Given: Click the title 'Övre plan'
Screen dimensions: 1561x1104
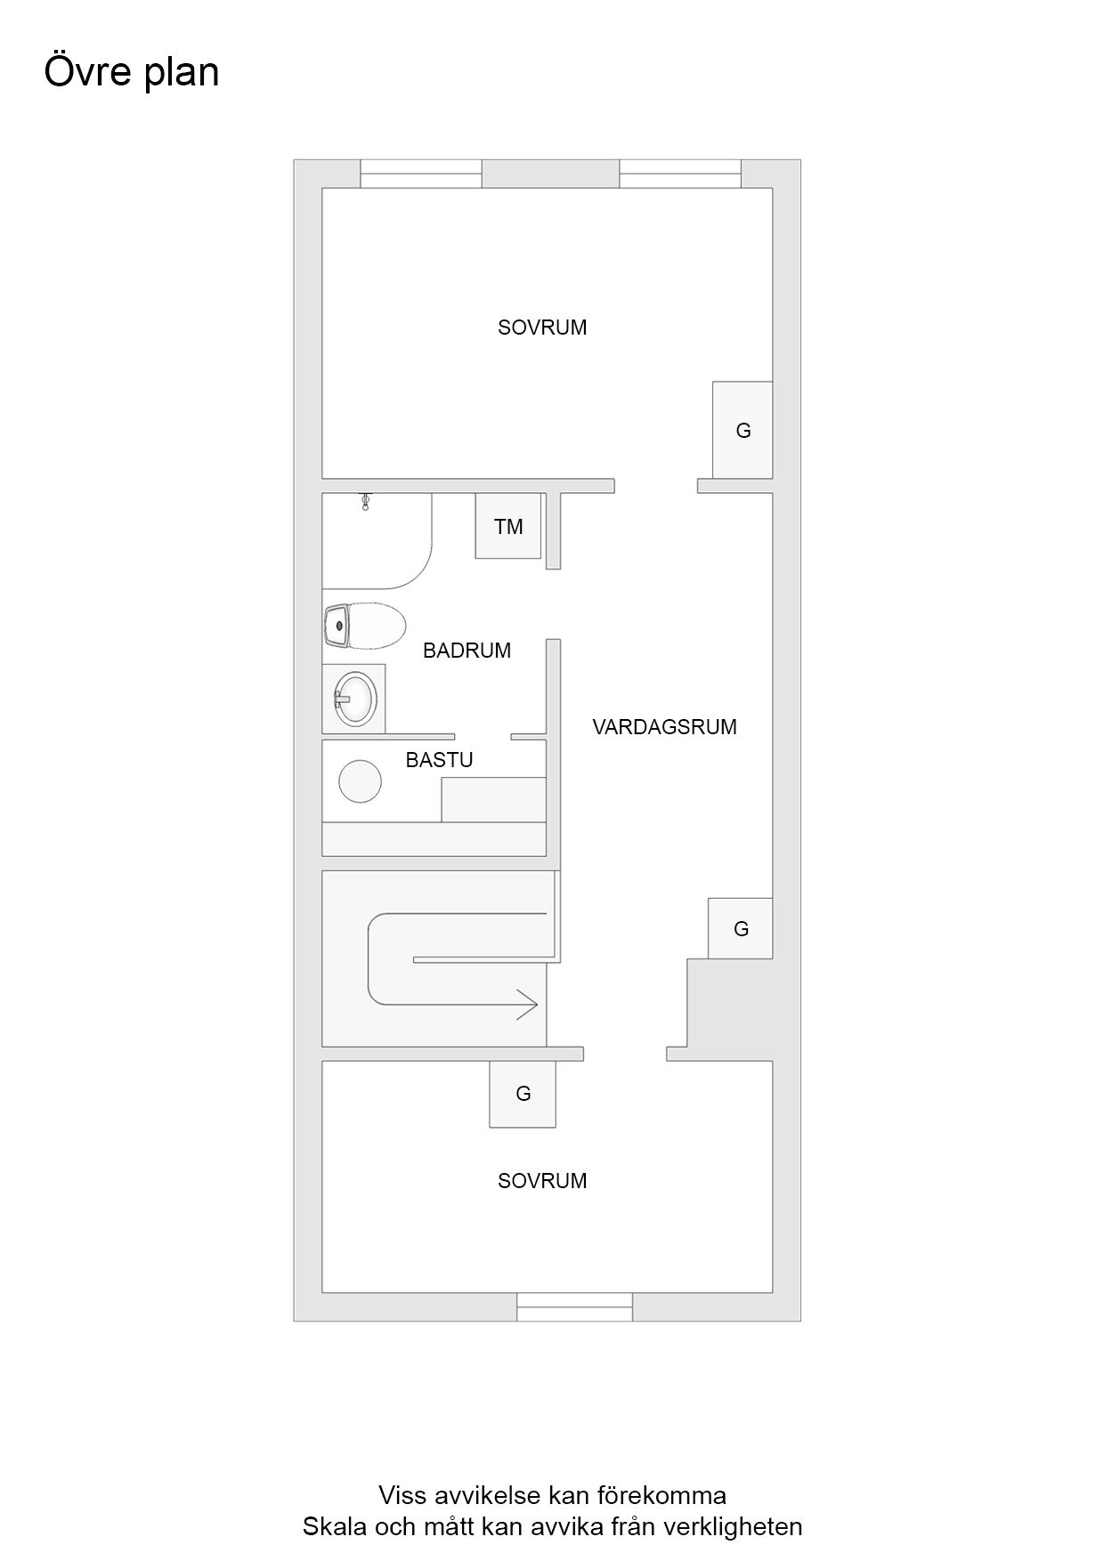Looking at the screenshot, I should pyautogui.click(x=132, y=72).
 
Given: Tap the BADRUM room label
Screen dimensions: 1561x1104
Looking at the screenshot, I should pyautogui.click(x=467, y=651).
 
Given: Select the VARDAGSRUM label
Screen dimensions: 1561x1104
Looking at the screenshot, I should pyautogui.click(x=664, y=727).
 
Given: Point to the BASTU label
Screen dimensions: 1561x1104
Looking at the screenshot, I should pyautogui.click(x=439, y=760).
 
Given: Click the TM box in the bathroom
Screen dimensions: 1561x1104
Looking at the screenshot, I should pyautogui.click(x=508, y=526).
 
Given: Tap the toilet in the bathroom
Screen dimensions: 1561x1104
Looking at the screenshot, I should pyautogui.click(x=366, y=626).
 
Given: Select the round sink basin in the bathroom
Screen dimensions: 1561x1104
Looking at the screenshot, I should pyautogui.click(x=353, y=698).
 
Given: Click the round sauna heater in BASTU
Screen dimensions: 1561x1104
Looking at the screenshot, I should pyautogui.click(x=361, y=781).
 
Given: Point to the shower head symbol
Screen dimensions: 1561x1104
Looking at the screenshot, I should pyautogui.click(x=365, y=502).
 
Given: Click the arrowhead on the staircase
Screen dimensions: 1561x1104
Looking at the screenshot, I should pyautogui.click(x=528, y=1004).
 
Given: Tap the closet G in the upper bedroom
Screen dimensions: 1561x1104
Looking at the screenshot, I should pyautogui.click(x=743, y=430).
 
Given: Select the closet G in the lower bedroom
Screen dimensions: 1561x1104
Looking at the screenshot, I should pyautogui.click(x=523, y=1094).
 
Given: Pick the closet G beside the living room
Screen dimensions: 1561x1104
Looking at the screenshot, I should pyautogui.click(x=740, y=928).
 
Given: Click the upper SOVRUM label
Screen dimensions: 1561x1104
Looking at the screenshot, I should pyautogui.click(x=542, y=328).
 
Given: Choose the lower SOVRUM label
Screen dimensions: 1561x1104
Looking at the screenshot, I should pyautogui.click(x=542, y=1181).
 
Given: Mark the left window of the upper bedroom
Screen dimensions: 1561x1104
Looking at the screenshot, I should pyautogui.click(x=421, y=174).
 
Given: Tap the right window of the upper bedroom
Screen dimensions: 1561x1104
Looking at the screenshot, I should pyautogui.click(x=680, y=174).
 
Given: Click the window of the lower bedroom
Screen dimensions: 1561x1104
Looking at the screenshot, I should pyautogui.click(x=575, y=1306).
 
